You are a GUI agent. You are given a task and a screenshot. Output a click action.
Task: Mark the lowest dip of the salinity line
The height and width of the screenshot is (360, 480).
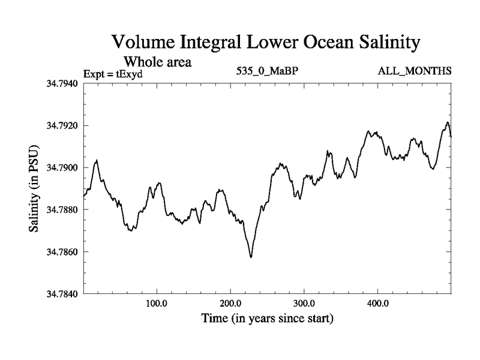coord(251,257)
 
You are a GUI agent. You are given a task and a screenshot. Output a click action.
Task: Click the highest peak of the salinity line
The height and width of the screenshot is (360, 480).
coord(447,122)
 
